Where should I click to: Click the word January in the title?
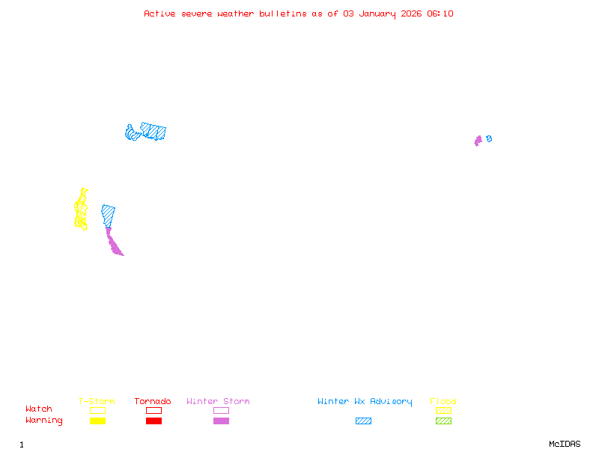(x=377, y=14)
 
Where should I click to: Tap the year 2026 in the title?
(x=411, y=13)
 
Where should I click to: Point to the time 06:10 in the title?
(x=440, y=13)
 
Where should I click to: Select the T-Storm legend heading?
(x=97, y=401)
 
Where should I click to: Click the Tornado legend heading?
(x=153, y=401)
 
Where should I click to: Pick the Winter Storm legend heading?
(x=218, y=401)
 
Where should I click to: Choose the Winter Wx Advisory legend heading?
(x=365, y=402)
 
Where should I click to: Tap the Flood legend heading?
(x=443, y=401)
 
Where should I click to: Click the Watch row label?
(x=39, y=409)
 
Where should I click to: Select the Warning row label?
(x=44, y=421)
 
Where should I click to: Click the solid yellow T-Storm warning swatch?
(x=98, y=421)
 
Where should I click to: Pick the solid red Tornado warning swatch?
(x=154, y=421)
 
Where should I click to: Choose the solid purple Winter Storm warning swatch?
(x=221, y=421)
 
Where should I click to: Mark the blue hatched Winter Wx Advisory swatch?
(x=363, y=421)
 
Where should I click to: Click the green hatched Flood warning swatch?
(x=443, y=421)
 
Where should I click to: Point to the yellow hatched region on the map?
(x=81, y=210)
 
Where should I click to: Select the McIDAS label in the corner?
(x=565, y=444)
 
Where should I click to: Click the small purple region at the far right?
(x=478, y=141)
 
